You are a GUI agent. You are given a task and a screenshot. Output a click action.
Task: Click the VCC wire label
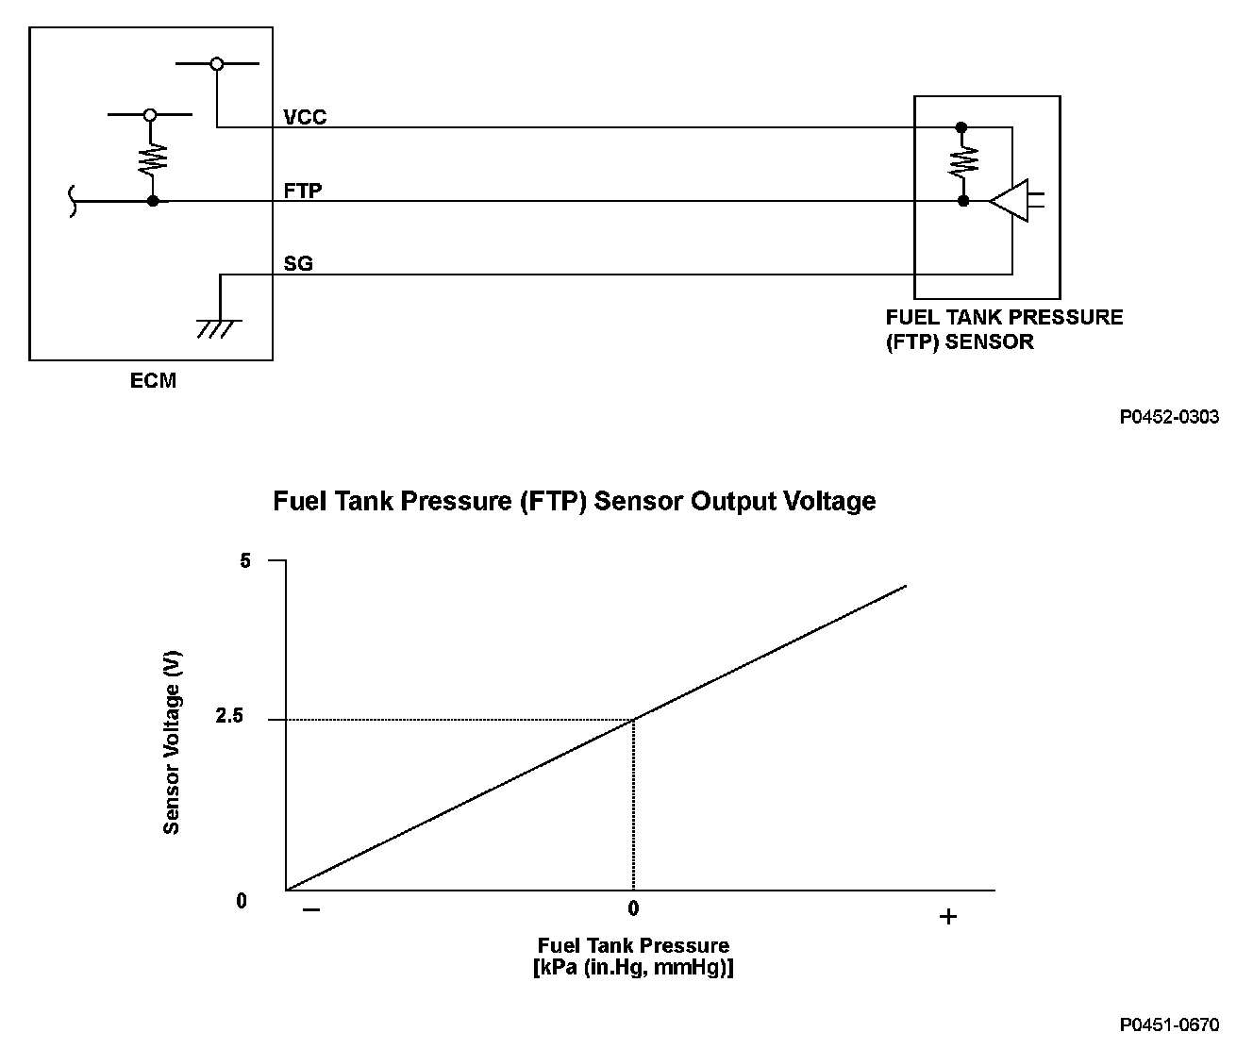pyautogui.click(x=305, y=117)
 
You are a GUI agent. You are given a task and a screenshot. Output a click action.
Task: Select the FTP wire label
pyautogui.click(x=303, y=191)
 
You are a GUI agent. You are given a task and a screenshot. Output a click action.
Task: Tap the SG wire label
pyautogui.click(x=298, y=264)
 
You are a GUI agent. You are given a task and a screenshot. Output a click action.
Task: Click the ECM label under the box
pyautogui.click(x=153, y=382)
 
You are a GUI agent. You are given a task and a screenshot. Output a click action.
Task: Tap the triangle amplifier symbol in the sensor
pyautogui.click(x=1010, y=201)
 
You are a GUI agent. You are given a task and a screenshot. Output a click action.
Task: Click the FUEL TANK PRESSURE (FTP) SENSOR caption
pyautogui.click(x=1004, y=329)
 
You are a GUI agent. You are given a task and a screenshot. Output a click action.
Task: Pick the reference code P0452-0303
pyautogui.click(x=1169, y=417)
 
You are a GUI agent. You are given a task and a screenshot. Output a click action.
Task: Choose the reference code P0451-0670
pyautogui.click(x=1169, y=1024)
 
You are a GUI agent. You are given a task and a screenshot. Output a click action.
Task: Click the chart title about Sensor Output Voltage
pyautogui.click(x=574, y=501)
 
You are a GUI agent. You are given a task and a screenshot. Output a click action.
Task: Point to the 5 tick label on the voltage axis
pyautogui.click(x=245, y=561)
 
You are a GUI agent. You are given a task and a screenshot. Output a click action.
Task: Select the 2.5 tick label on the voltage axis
pyautogui.click(x=229, y=717)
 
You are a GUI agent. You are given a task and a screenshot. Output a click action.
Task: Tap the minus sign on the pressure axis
pyautogui.click(x=311, y=911)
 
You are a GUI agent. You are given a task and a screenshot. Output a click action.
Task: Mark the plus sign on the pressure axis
pyautogui.click(x=948, y=916)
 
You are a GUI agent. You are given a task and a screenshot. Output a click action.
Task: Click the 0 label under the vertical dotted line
pyautogui.click(x=633, y=908)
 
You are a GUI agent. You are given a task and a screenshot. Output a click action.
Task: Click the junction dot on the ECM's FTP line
pyautogui.click(x=153, y=201)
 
